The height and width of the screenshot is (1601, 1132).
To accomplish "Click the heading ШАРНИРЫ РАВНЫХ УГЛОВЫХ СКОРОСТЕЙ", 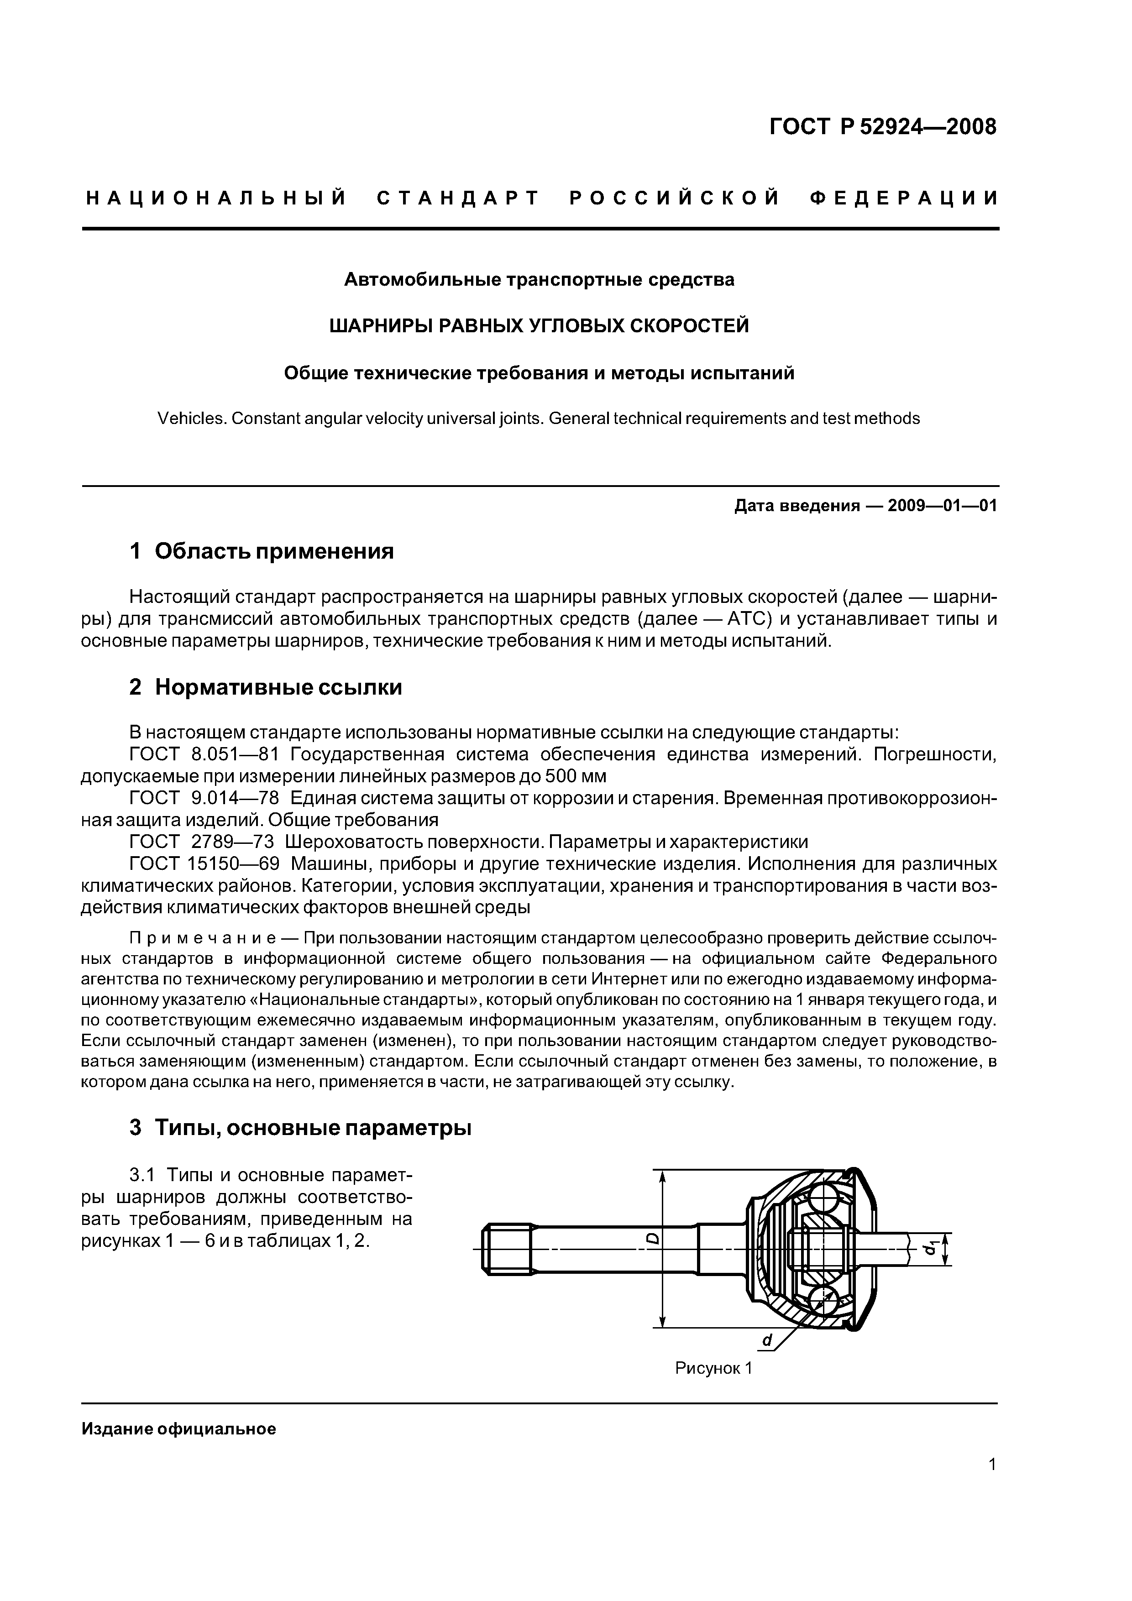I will tap(539, 326).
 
